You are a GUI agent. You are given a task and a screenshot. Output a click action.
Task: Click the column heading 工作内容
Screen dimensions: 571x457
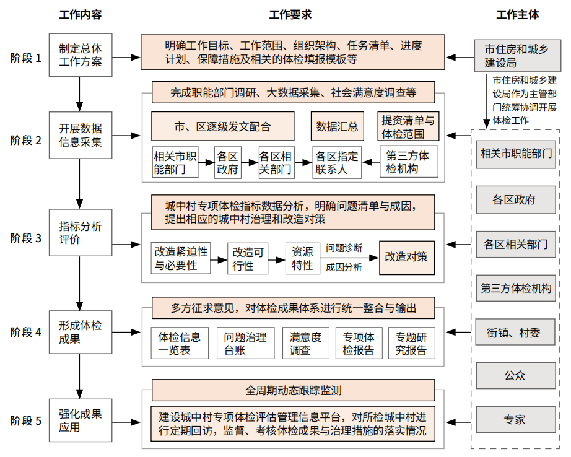(81, 15)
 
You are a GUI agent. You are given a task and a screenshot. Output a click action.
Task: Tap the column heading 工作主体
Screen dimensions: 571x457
(518, 15)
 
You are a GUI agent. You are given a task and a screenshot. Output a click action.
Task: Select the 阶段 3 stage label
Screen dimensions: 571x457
(26, 238)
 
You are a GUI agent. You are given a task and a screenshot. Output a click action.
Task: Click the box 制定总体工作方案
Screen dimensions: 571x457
(81, 55)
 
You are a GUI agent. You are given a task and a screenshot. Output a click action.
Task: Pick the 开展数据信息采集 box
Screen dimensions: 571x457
(81, 135)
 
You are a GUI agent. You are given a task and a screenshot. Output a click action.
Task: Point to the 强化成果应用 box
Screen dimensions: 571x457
(81, 420)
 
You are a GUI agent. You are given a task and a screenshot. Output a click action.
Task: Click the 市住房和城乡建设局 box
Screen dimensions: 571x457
(518, 56)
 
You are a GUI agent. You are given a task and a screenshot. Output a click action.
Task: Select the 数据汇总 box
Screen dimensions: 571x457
(337, 126)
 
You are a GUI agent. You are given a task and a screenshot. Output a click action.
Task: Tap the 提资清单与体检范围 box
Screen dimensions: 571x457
(408, 126)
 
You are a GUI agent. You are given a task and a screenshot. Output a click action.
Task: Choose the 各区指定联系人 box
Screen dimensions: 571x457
(337, 163)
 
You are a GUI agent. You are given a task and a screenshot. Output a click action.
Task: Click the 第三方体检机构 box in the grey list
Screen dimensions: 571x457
(516, 288)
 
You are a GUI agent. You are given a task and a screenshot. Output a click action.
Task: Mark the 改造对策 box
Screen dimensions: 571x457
(407, 258)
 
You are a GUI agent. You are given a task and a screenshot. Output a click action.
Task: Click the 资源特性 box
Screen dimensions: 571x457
(303, 259)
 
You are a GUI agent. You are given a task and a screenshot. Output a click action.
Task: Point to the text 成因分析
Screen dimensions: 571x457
(344, 268)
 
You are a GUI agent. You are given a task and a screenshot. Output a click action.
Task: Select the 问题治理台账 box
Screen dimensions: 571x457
(245, 343)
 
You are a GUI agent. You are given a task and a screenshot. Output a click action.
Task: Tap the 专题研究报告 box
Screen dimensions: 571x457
(411, 343)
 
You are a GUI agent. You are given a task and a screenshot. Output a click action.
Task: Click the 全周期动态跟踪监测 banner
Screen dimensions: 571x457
(293, 390)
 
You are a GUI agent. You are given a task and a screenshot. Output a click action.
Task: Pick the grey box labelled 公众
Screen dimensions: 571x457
(516, 375)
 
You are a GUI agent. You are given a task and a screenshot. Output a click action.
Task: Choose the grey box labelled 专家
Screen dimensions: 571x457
(516, 419)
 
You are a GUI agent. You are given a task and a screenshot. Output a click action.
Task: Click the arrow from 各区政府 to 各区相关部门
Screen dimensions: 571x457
(250, 163)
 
